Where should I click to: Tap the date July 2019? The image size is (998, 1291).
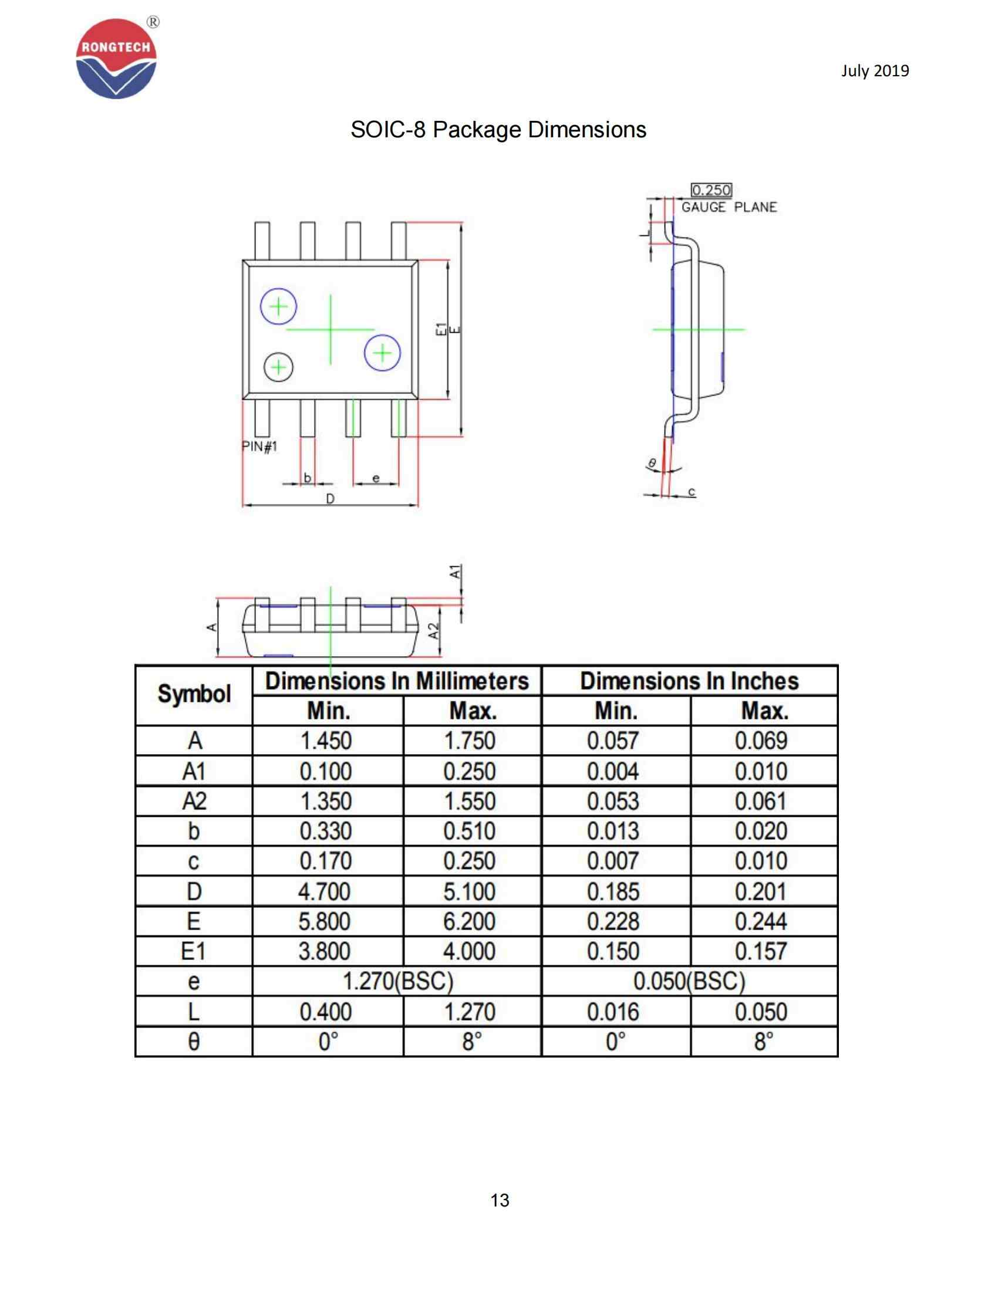pyautogui.click(x=875, y=71)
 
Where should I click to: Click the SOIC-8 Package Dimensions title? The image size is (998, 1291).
pyautogui.click(x=498, y=130)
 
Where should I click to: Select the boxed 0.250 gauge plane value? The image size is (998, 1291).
pyautogui.click(x=712, y=190)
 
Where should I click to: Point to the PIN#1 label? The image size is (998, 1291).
pyautogui.click(x=259, y=446)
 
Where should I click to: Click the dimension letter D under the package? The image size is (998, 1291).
pyautogui.click(x=330, y=499)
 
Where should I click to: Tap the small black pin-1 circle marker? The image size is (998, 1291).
pyautogui.click(x=278, y=368)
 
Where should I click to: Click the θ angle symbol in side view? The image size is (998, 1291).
pyautogui.click(x=652, y=463)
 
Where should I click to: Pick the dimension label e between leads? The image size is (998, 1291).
pyautogui.click(x=376, y=478)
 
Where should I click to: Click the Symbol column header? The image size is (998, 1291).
pyautogui.click(x=194, y=695)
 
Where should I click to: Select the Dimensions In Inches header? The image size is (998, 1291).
pyautogui.click(x=689, y=681)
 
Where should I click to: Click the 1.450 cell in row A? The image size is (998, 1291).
pyautogui.click(x=326, y=741)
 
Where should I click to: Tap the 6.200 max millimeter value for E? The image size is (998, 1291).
pyautogui.click(x=470, y=921)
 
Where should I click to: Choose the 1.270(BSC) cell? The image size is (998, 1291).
pyautogui.click(x=397, y=981)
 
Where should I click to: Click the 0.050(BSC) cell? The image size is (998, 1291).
pyautogui.click(x=689, y=981)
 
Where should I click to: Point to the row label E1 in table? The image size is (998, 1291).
pyautogui.click(x=194, y=951)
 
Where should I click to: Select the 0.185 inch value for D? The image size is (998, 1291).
pyautogui.click(x=613, y=891)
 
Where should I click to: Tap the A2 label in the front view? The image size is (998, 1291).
pyautogui.click(x=434, y=631)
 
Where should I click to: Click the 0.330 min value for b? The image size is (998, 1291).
pyautogui.click(x=326, y=831)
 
